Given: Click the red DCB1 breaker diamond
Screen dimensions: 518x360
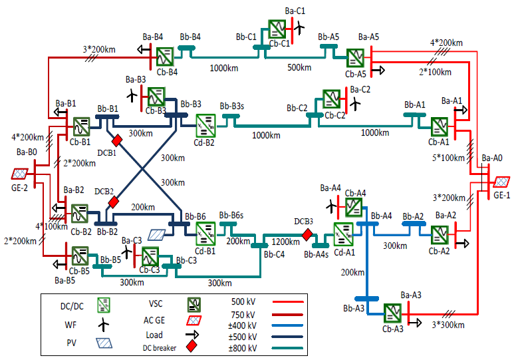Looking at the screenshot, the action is (116, 140).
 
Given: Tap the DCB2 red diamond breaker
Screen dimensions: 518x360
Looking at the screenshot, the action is (113, 202).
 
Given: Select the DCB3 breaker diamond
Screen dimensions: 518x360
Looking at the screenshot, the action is (307, 235).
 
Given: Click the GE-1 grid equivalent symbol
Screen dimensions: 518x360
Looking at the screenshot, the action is (501, 182).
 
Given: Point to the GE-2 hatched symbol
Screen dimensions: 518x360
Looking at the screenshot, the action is (19, 174).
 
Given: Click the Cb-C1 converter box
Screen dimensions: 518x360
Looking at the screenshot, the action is (277, 29).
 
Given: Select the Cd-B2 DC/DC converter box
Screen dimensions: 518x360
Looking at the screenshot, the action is (205, 126).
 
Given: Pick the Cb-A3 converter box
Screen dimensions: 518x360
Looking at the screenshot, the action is (392, 313).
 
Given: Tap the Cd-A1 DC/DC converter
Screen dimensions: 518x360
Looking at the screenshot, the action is (343, 234).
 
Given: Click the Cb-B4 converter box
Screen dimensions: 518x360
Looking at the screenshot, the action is (164, 57).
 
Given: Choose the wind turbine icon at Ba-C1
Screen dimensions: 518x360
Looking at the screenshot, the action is (299, 28).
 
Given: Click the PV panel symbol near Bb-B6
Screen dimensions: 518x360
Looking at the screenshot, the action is (156, 235).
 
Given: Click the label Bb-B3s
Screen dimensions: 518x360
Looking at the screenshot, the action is (232, 106).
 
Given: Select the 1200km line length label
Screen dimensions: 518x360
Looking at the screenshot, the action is (285, 242).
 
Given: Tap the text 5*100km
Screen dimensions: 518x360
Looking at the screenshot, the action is (449, 158).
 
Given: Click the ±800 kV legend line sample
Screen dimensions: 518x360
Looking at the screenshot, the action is (287, 348).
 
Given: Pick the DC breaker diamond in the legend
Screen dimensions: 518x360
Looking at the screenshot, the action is (192, 347).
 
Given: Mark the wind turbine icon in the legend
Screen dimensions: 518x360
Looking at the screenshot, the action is (104, 325).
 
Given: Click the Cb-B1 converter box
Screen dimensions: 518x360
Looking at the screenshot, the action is (81, 126).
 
